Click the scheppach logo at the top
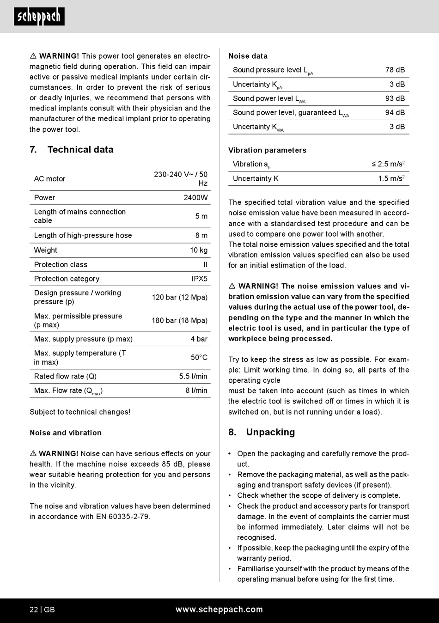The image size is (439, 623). (x=39, y=17)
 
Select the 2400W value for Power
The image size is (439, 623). (x=195, y=198)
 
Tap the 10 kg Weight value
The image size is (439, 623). (x=199, y=250)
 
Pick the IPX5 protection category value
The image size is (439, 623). (x=200, y=279)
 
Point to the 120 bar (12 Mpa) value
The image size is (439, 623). (x=180, y=297)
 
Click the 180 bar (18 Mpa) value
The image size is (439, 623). (x=180, y=320)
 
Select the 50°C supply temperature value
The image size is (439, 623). (x=199, y=357)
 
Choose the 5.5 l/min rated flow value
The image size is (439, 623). (x=193, y=376)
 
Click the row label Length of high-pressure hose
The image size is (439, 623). (x=83, y=236)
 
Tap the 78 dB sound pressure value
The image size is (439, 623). (x=395, y=70)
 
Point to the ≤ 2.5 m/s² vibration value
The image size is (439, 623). (x=388, y=164)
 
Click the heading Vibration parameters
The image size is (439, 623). (x=267, y=150)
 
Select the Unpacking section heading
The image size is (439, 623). (x=270, y=432)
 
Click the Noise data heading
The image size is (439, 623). (x=248, y=56)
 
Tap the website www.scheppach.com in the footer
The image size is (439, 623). (x=219, y=610)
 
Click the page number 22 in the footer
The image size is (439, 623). (x=34, y=610)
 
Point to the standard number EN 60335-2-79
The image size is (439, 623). (x=122, y=517)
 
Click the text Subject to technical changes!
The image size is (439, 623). (x=80, y=412)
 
